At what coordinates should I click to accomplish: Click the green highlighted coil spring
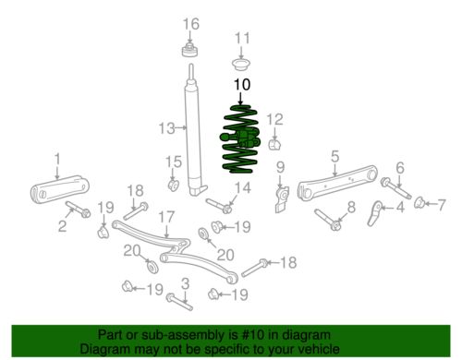pos(240,139)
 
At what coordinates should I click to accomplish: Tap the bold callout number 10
pos(242,85)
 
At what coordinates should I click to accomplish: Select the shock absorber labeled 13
pos(193,129)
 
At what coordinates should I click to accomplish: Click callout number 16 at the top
pos(191,24)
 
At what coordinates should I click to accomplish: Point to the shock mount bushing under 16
pos(189,51)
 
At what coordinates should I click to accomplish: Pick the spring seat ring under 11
pos(241,64)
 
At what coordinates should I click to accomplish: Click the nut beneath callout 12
pos(274,144)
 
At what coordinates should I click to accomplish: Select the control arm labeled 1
pos(59,189)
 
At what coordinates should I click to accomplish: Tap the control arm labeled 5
pos(336,183)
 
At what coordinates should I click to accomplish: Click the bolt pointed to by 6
pos(395,187)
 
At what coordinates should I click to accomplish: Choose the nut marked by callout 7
pos(419,202)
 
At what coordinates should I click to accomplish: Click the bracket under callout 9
pos(282,199)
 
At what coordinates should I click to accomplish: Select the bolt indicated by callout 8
pos(328,220)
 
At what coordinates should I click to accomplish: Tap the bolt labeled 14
pos(219,206)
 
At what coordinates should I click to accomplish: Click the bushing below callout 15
pos(173,185)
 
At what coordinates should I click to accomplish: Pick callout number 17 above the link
pos(166,217)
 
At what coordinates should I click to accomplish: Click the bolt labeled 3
pos(179,302)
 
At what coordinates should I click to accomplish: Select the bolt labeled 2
pos(78,209)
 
